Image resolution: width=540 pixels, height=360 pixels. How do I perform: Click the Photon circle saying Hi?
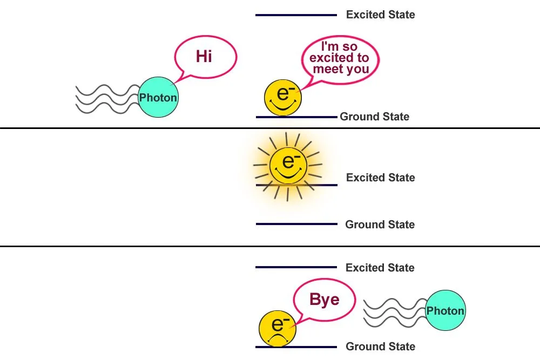158,97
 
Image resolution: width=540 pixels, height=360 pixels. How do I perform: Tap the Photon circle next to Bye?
446,310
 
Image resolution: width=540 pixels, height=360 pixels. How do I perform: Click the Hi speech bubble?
205,56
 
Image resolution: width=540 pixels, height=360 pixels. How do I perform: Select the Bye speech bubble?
325,299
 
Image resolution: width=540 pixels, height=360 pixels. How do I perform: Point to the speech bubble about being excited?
340,58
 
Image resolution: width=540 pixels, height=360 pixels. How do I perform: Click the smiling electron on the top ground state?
282,97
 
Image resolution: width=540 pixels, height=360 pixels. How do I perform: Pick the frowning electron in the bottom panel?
278,329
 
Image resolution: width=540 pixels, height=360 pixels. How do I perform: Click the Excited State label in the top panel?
380,15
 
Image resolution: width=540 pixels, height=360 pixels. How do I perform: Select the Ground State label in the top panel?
374,117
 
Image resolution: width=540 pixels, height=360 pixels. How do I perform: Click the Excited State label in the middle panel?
380,178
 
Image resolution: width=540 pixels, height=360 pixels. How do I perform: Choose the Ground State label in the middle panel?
380,225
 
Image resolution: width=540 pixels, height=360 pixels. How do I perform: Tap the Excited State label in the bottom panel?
380,268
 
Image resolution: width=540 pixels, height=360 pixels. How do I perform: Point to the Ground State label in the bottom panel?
380,347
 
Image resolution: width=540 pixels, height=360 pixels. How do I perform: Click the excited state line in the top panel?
296,15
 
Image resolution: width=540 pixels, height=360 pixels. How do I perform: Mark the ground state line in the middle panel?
296,224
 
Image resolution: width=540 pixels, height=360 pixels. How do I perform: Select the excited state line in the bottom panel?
296,267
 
